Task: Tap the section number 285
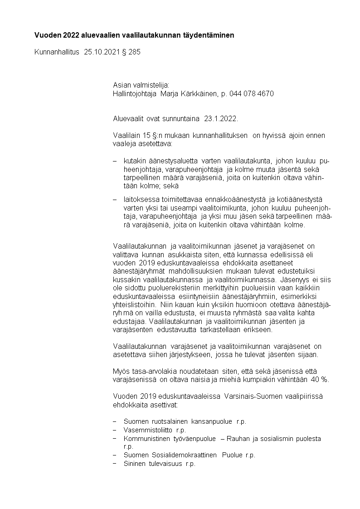coord(135,52)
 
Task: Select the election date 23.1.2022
coord(220,119)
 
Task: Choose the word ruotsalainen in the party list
coord(168,421)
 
